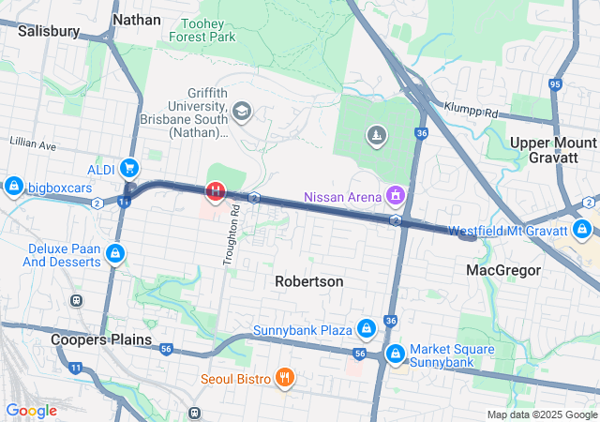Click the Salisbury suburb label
[x=48, y=30]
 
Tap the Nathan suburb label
[x=136, y=19]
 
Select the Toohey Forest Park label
[x=202, y=29]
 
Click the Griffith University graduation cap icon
[x=242, y=113]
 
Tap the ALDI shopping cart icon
[x=128, y=169]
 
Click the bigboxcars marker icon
[x=13, y=187]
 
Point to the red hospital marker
[x=216, y=192]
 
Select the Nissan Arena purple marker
[x=396, y=196]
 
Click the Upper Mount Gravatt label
[x=552, y=149]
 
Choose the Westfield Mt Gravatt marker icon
[x=582, y=230]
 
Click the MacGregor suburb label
[x=503, y=270]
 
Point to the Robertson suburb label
[x=308, y=281]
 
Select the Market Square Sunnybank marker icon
[x=396, y=354]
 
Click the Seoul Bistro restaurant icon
[x=285, y=379]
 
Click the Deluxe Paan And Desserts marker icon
[x=114, y=254]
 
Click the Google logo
[x=31, y=410]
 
